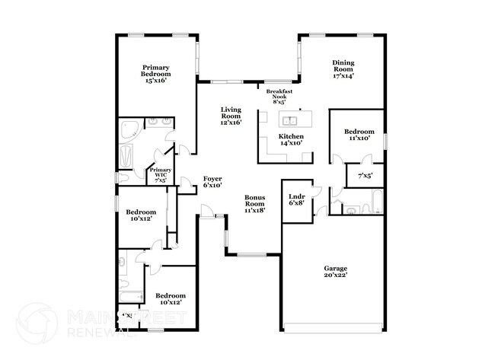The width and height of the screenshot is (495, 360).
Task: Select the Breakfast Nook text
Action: coord(280,95)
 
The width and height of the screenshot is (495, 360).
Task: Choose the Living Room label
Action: coord(231,115)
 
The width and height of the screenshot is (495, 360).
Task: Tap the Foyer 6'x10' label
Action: coord(212,181)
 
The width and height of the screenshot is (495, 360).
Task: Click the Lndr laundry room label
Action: coord(297,199)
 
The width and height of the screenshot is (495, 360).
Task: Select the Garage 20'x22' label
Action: coord(335,272)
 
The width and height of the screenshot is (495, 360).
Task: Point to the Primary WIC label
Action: coord(161,176)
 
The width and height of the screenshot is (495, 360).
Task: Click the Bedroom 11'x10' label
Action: coord(359,135)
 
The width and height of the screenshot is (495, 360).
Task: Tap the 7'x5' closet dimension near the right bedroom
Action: coord(365,176)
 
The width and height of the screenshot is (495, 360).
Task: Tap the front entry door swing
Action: coord(207,210)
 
